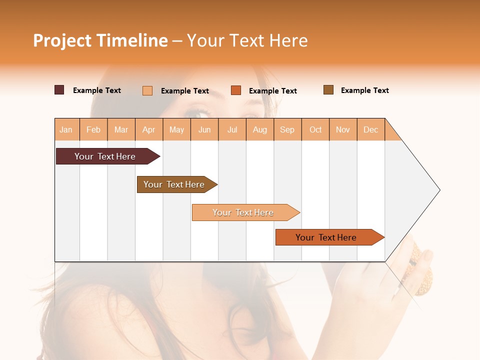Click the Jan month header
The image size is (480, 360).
(66, 129)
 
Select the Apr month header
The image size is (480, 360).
(149, 129)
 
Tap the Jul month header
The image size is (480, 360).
(232, 129)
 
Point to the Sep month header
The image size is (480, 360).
(287, 129)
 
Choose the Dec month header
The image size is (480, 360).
(370, 129)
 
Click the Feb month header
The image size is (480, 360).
(93, 129)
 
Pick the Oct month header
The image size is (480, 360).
(315, 129)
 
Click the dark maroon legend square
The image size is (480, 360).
(59, 90)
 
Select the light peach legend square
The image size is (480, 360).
(147, 90)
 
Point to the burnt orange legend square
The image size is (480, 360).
(236, 90)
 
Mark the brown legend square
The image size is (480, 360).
(328, 90)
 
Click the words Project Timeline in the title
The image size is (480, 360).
(100, 40)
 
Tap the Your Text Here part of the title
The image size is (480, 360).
(247, 40)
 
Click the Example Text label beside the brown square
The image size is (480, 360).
(364, 90)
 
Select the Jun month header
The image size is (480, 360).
(204, 129)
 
